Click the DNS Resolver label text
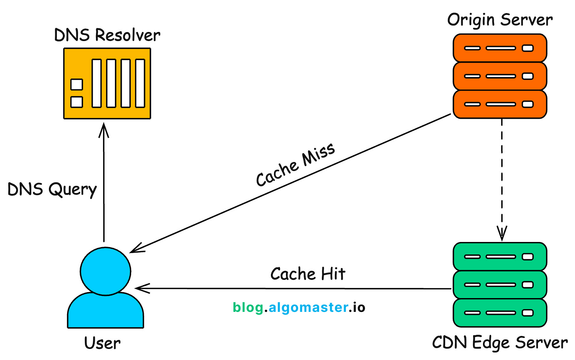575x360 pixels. click(107, 35)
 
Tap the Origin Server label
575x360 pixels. click(500, 20)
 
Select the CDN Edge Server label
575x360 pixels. click(500, 342)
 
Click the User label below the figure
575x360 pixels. click(102, 343)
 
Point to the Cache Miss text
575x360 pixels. click(295, 164)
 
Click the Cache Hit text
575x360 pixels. click(308, 274)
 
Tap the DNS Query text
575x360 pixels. click(52, 189)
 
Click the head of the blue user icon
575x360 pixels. click(105, 271)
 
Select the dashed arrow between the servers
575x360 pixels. click(502, 178)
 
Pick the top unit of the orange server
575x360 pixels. click(500, 48)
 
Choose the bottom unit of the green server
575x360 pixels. click(500, 313)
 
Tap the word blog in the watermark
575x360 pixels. click(248, 307)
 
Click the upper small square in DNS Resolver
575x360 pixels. click(77, 84)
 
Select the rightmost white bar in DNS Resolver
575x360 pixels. click(140, 83)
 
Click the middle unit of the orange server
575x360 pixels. click(500, 76)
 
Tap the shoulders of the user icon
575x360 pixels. click(105, 312)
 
